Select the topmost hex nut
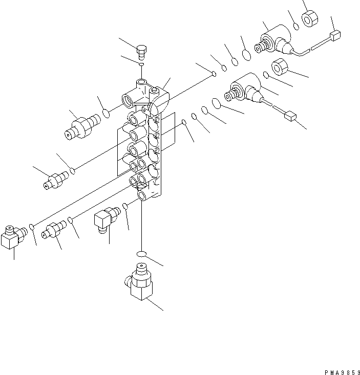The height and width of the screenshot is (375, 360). pyautogui.click(x=310, y=20)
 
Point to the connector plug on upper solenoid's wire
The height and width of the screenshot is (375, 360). pyautogui.click(x=336, y=35)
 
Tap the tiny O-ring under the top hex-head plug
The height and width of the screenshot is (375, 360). pyautogui.click(x=142, y=64)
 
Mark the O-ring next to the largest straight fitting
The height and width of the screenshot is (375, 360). pyautogui.click(x=107, y=112)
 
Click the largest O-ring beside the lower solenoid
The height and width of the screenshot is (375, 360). pyautogui.click(x=216, y=104)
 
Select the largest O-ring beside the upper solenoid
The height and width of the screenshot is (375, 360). pyautogui.click(x=246, y=55)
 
